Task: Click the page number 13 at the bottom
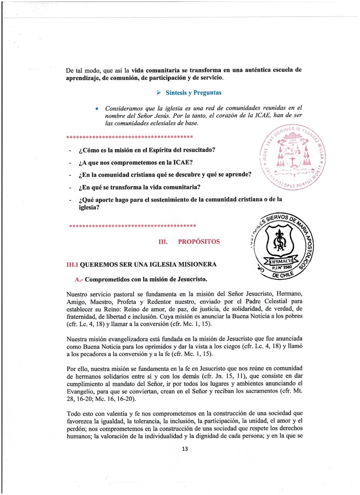point(185,449)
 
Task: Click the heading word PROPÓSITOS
point(199,242)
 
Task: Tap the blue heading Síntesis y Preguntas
point(193,93)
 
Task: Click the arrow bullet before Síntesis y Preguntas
point(158,93)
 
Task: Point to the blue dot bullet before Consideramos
point(97,109)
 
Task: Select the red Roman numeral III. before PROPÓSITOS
point(163,242)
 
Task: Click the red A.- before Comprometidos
point(79,279)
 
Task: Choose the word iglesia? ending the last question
point(89,207)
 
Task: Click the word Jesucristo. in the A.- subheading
point(192,279)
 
